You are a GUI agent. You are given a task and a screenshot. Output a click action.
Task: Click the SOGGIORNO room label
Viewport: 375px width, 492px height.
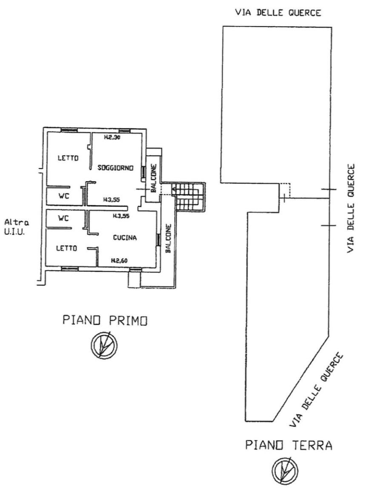pos(116,168)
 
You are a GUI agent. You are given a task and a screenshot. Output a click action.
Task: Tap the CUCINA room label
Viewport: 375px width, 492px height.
pos(125,238)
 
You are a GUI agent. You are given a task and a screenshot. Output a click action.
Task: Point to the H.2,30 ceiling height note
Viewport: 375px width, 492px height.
pos(112,138)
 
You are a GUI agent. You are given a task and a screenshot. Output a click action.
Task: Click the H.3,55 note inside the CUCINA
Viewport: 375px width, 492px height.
pos(121,216)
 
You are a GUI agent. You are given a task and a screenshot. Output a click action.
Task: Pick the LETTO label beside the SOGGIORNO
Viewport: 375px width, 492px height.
pos(68,158)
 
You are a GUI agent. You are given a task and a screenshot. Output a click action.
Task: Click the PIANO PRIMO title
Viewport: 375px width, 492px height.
pos(105,320)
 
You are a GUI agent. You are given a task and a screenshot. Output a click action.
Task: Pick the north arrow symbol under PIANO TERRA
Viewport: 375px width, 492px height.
pos(285,470)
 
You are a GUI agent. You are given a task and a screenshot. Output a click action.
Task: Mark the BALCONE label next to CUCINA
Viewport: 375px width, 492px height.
pos(168,239)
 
